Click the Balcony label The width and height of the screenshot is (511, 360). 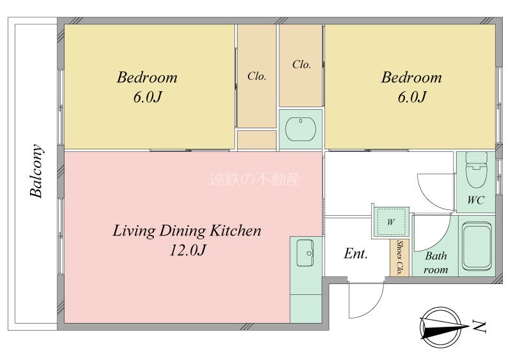pos(36,171)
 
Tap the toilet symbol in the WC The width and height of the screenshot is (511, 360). pos(476,170)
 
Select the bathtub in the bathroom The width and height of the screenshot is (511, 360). pos(477,246)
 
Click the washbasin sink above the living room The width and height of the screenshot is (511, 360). pos(300,129)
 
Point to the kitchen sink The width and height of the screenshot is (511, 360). pos(305,253)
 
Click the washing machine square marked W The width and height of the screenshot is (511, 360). pos(391,223)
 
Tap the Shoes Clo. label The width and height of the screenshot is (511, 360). pos(400,258)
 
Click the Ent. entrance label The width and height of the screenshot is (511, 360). pos(356,253)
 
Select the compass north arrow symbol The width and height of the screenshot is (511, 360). pos(444,327)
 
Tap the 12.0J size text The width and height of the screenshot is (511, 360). pos(188,250)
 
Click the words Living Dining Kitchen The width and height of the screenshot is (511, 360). pos(187,230)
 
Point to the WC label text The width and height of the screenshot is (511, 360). pos(476,200)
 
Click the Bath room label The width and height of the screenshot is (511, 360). pos(436,262)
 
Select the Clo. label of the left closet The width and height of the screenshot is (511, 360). pos(257,76)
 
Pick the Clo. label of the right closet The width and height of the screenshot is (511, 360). pos(301,64)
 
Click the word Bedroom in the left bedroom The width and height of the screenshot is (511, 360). pos(148,77)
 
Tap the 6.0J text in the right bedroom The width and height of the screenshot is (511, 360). pos(412,97)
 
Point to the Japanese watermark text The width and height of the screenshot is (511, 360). pos(254,179)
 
